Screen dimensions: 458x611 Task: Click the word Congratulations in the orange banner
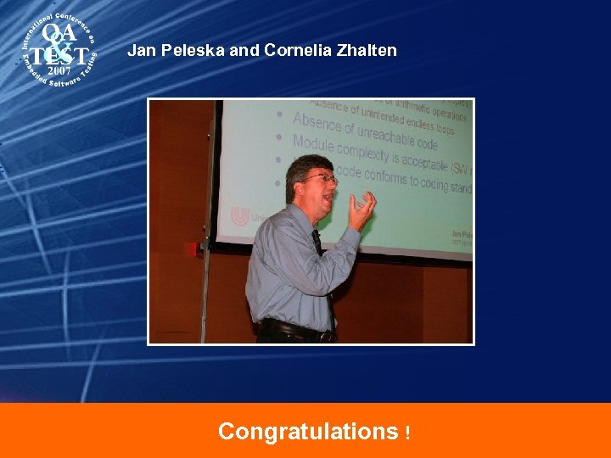click(307, 432)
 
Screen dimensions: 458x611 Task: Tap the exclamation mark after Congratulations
click(408, 433)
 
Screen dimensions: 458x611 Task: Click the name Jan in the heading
click(140, 51)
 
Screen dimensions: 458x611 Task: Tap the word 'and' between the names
click(244, 51)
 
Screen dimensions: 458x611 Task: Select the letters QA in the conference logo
click(59, 34)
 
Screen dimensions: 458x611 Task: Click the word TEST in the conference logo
click(58, 55)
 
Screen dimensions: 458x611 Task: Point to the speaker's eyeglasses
click(322, 179)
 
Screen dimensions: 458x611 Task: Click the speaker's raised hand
click(362, 209)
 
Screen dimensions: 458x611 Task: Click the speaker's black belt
click(293, 329)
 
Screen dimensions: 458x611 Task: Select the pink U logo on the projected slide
click(240, 216)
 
